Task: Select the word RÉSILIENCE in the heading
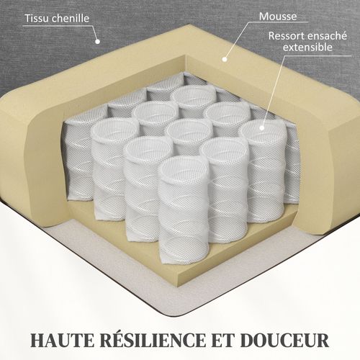click(x=158, y=336)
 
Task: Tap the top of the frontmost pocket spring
click(x=182, y=170)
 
